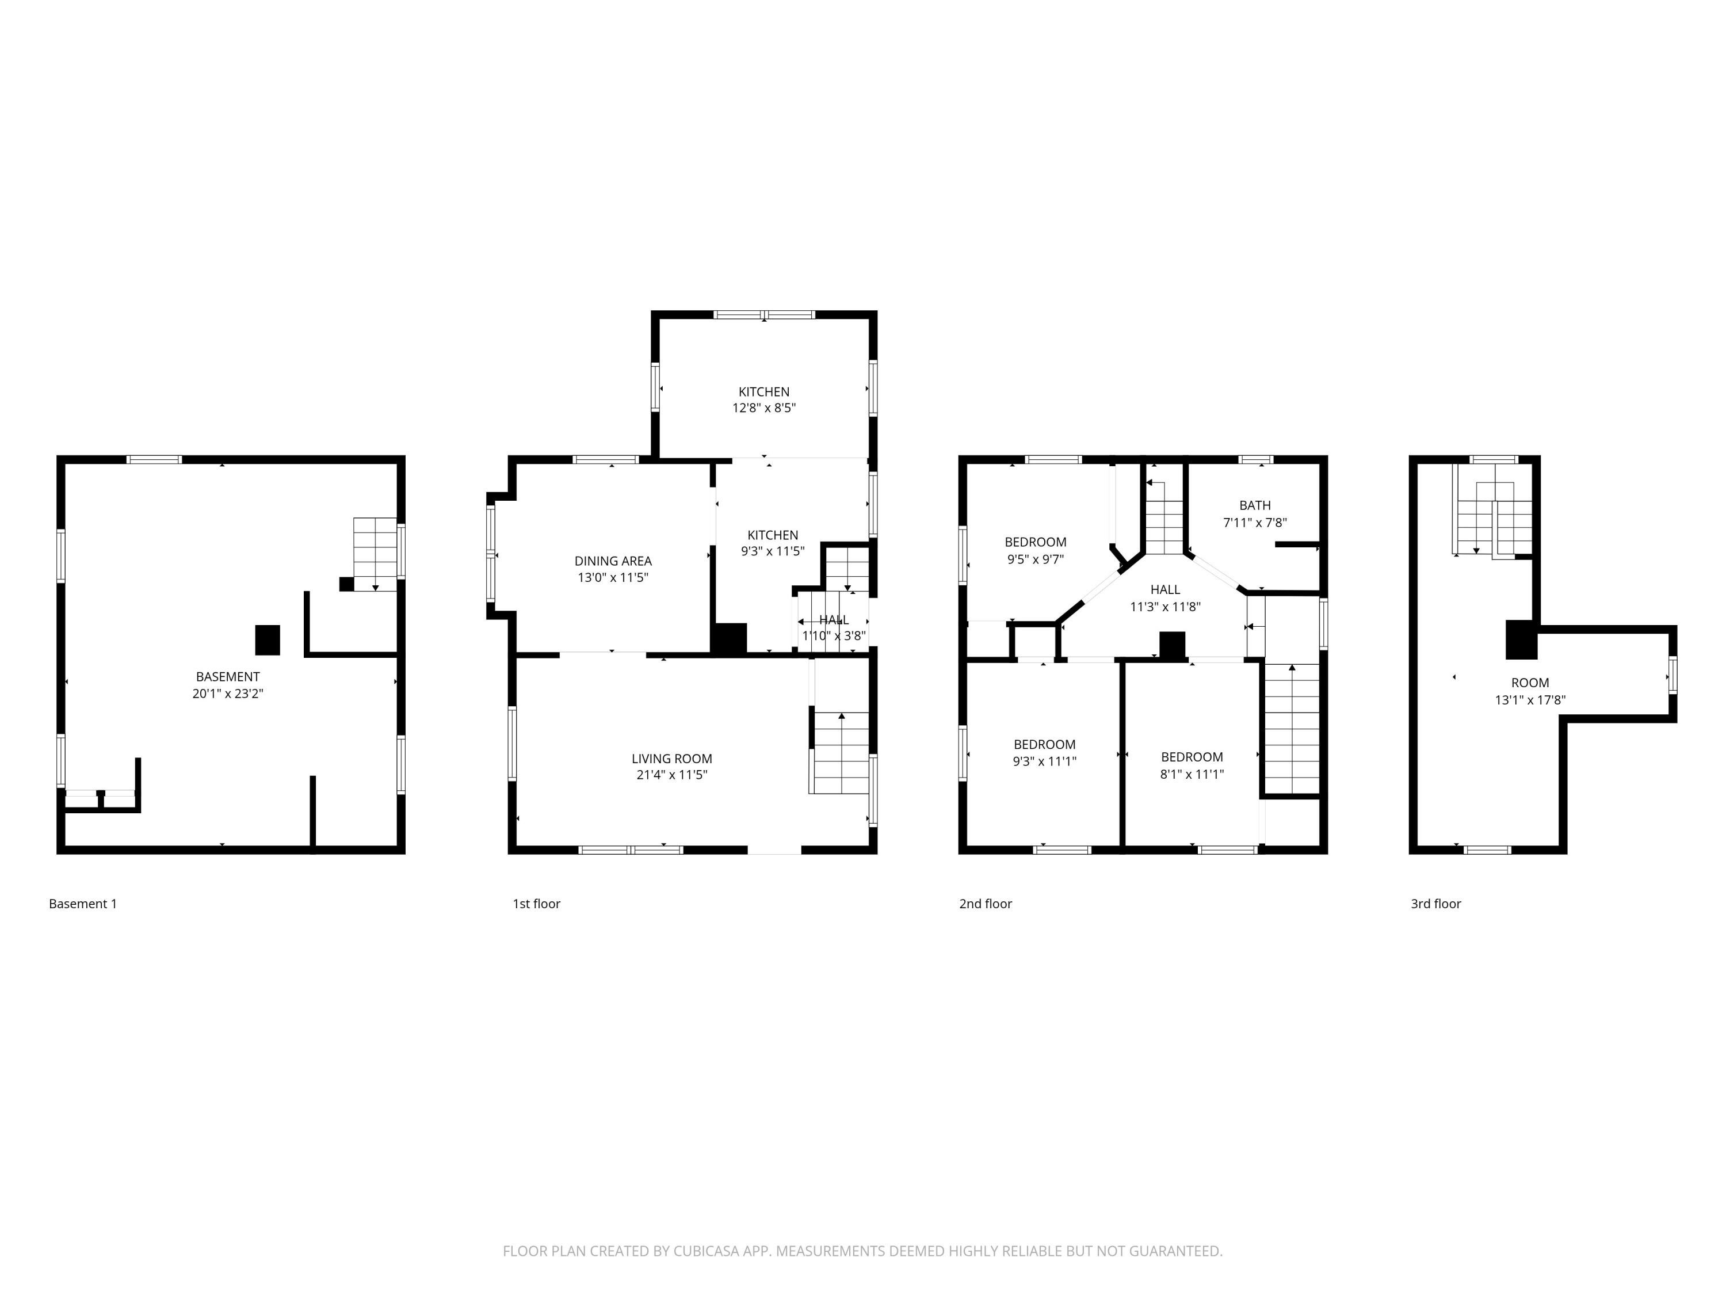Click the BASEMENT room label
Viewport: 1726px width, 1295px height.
[228, 677]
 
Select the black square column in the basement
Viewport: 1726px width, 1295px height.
[268, 640]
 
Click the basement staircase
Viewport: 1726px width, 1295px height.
[375, 553]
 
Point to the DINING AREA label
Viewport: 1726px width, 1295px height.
[613, 561]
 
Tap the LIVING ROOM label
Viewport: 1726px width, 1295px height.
[671, 759]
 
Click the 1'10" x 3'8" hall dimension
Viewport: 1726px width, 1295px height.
[833, 636]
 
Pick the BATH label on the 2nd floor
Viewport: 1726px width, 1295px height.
[1255, 505]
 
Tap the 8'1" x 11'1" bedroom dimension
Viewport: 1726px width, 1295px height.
[1192, 774]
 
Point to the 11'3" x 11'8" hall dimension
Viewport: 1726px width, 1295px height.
[1164, 607]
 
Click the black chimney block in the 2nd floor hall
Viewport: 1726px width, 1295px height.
[1172, 646]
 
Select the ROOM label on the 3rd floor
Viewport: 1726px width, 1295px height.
[1529, 682]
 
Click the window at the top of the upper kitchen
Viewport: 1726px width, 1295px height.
[764, 315]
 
